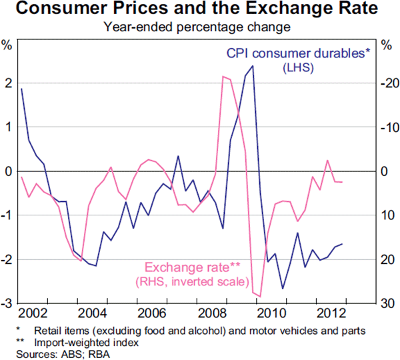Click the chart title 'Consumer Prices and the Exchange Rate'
point(200,9)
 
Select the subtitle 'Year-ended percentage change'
point(199,27)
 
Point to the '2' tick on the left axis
point(8,83)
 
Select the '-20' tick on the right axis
point(389,83)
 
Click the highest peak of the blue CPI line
point(253,66)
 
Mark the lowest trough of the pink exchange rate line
point(261,296)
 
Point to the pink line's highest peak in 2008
point(222,77)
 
